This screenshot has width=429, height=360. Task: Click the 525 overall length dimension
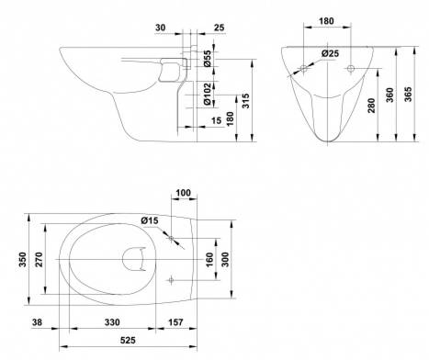pos(128,340)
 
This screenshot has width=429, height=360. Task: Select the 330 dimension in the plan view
pos(112,322)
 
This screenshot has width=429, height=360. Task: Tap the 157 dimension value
pos(175,322)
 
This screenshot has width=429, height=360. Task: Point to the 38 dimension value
pos(37,322)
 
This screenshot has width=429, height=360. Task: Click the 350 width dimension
pos(23,259)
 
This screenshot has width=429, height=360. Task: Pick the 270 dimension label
pos(40,259)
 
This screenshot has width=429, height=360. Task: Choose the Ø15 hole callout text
pos(150,220)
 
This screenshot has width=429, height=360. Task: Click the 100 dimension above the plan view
pos(184,193)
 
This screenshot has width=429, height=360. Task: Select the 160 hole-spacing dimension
pos(209,260)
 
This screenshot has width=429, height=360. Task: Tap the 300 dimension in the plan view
pos(225,260)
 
